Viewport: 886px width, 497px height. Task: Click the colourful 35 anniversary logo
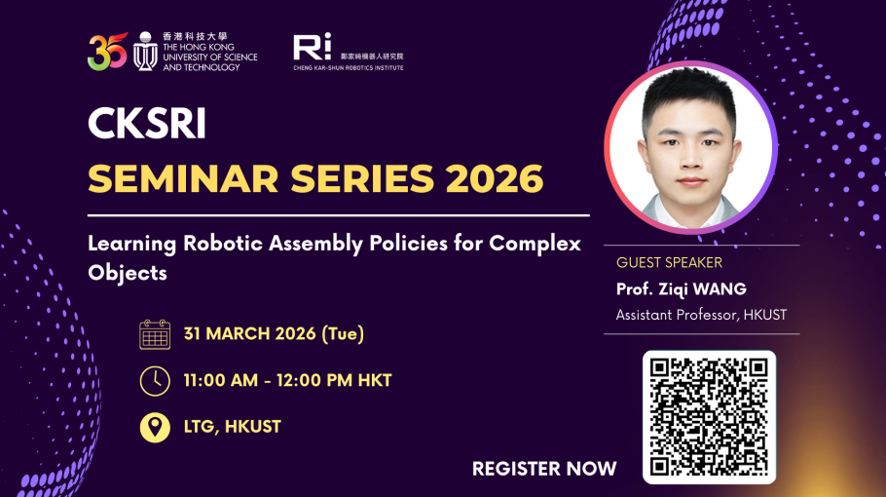pyautogui.click(x=107, y=52)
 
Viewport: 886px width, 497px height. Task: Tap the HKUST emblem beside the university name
pyautogui.click(x=145, y=51)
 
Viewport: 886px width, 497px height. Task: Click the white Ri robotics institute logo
pyautogui.click(x=312, y=47)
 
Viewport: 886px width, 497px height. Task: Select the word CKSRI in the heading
pyautogui.click(x=147, y=123)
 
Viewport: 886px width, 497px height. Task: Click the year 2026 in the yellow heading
pyautogui.click(x=495, y=178)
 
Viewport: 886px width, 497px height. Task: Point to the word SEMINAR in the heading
pyautogui.click(x=184, y=178)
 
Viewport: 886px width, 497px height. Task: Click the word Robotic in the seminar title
pyautogui.click(x=223, y=243)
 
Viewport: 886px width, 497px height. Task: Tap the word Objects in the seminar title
pyautogui.click(x=128, y=273)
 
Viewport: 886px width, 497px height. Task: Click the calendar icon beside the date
pyautogui.click(x=155, y=334)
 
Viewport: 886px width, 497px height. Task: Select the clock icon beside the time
pyautogui.click(x=155, y=380)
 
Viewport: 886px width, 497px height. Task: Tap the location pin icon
pyautogui.click(x=155, y=427)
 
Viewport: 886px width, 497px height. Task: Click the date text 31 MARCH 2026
pyautogui.click(x=250, y=333)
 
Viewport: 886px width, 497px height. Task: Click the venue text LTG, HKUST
pyautogui.click(x=233, y=426)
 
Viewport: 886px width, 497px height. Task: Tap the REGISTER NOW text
pyautogui.click(x=544, y=469)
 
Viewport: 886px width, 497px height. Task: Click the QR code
pyautogui.click(x=709, y=417)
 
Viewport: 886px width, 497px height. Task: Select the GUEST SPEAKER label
pyautogui.click(x=669, y=262)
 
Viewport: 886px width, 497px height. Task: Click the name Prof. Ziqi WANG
pyautogui.click(x=681, y=288)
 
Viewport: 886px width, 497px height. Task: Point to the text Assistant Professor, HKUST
pyautogui.click(x=701, y=315)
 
